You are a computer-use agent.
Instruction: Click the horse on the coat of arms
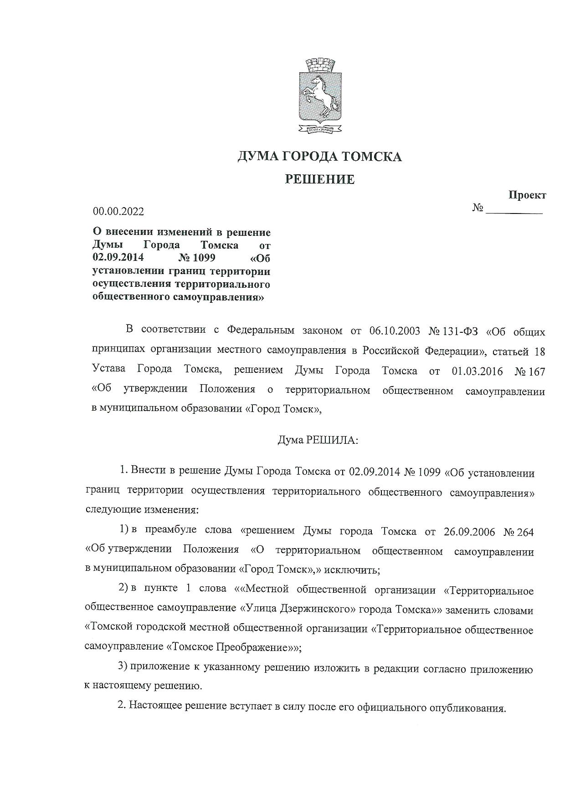pos(319,95)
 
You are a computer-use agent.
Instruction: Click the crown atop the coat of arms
pos(319,65)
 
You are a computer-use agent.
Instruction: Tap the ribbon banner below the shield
pos(319,129)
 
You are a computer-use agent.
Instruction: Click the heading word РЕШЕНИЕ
pos(319,179)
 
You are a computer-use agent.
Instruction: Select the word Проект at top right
pos(527,195)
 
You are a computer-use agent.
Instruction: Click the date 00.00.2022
pos(118,211)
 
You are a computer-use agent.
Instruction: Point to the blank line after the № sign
pos(514,210)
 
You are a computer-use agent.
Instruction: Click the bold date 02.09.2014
pos(118,258)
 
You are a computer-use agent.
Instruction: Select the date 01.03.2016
pos(477,371)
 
